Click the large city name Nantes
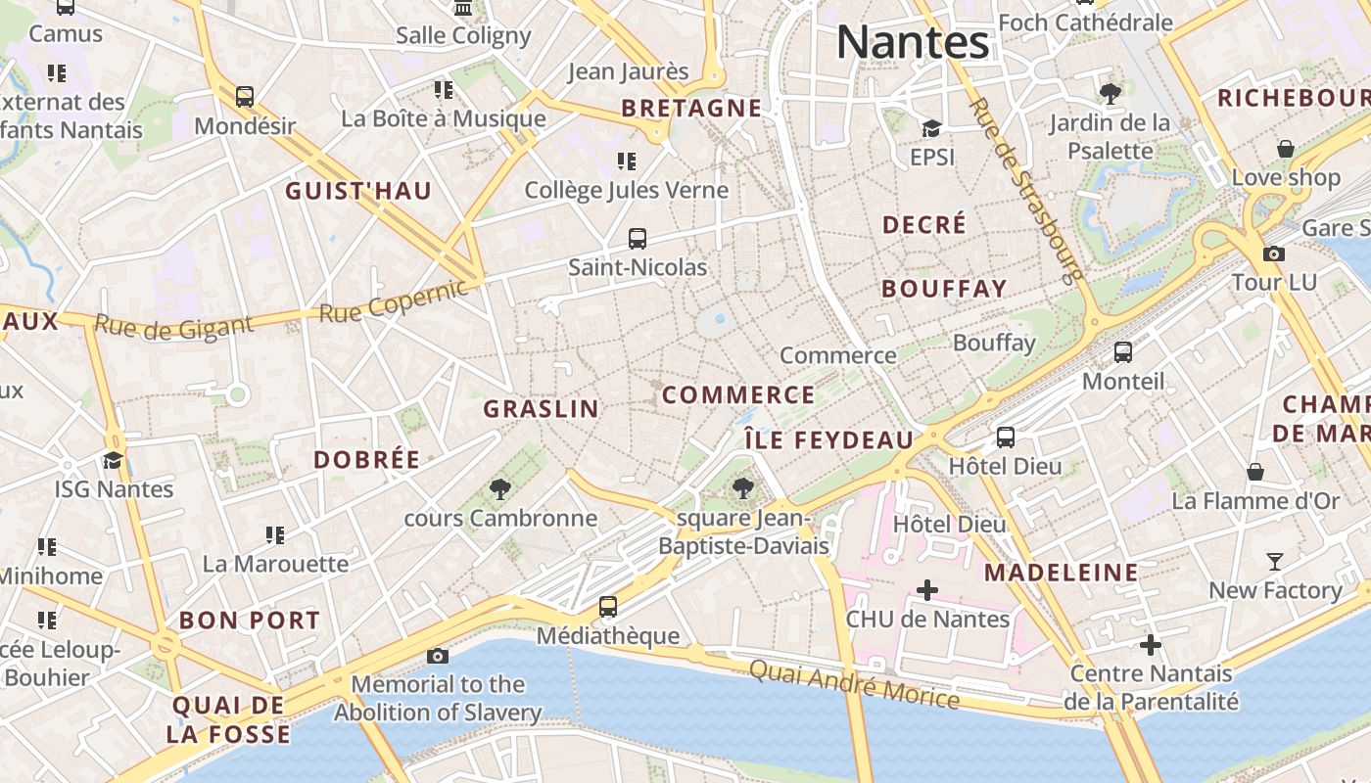point(913,42)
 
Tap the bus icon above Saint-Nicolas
point(638,238)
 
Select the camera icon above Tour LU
point(1273,253)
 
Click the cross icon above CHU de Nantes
point(926,590)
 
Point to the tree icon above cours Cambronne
point(500,487)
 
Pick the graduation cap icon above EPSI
point(931,128)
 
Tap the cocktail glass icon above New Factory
point(1274,561)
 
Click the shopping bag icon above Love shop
point(1286,149)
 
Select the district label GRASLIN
point(542,409)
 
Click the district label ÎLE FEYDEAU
point(828,440)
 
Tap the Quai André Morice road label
point(854,683)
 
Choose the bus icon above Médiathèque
point(608,606)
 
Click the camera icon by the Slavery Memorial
point(438,655)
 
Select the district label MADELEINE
point(1062,573)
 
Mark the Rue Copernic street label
point(394,300)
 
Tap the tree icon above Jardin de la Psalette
point(1110,94)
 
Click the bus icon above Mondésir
point(245,97)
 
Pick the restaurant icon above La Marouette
point(275,534)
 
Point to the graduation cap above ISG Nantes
point(114,460)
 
